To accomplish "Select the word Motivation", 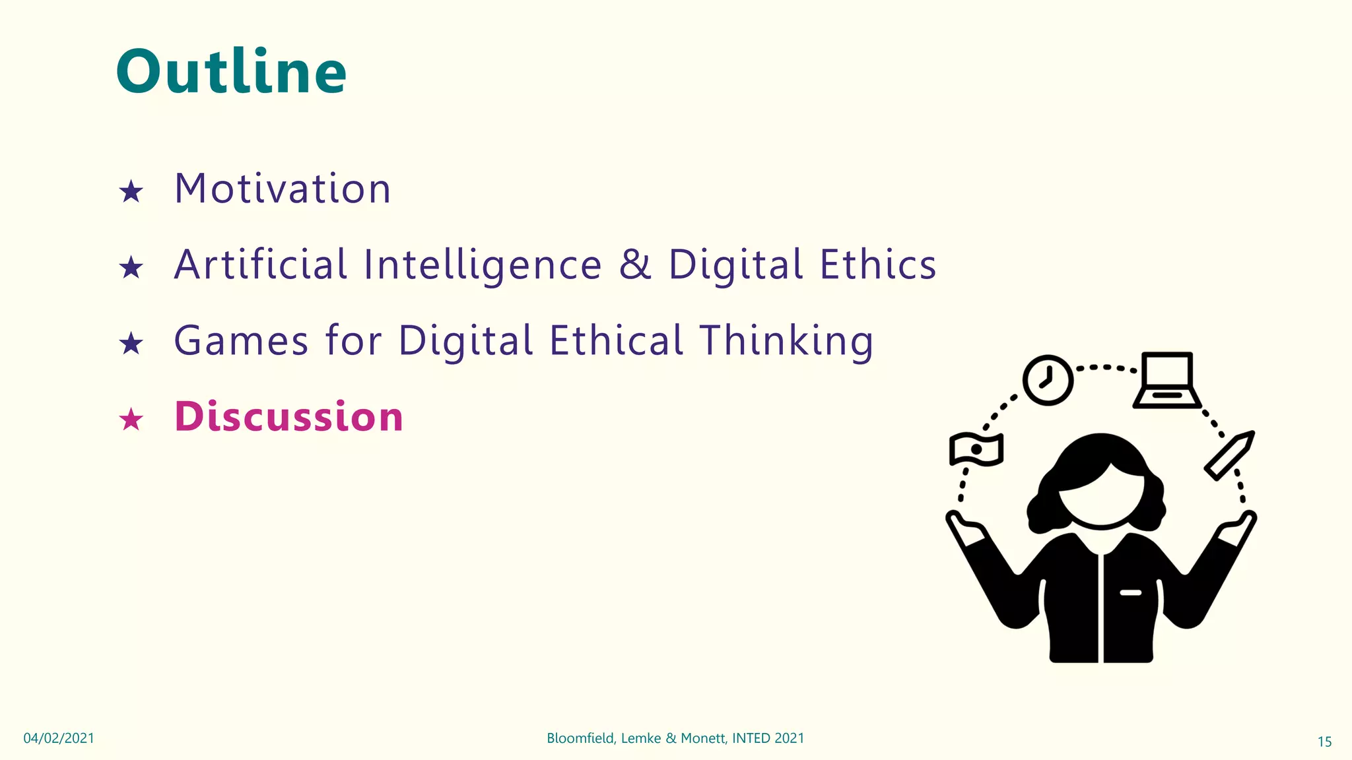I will coord(283,189).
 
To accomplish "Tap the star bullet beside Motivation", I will coord(131,192).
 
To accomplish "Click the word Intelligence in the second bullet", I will coord(483,265).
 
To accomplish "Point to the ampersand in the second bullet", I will coord(635,265).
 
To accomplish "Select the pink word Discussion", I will coord(288,417).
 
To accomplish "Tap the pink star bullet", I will coord(131,420).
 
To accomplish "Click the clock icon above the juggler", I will coord(1048,380).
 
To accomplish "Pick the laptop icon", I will coord(1167,381).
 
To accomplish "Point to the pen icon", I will coord(1229,455).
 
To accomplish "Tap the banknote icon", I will coord(976,449).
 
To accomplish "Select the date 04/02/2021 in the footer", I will coord(59,738).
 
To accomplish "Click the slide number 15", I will coord(1324,742).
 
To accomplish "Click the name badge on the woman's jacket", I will coord(1130,592).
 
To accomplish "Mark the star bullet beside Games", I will coord(131,344).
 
